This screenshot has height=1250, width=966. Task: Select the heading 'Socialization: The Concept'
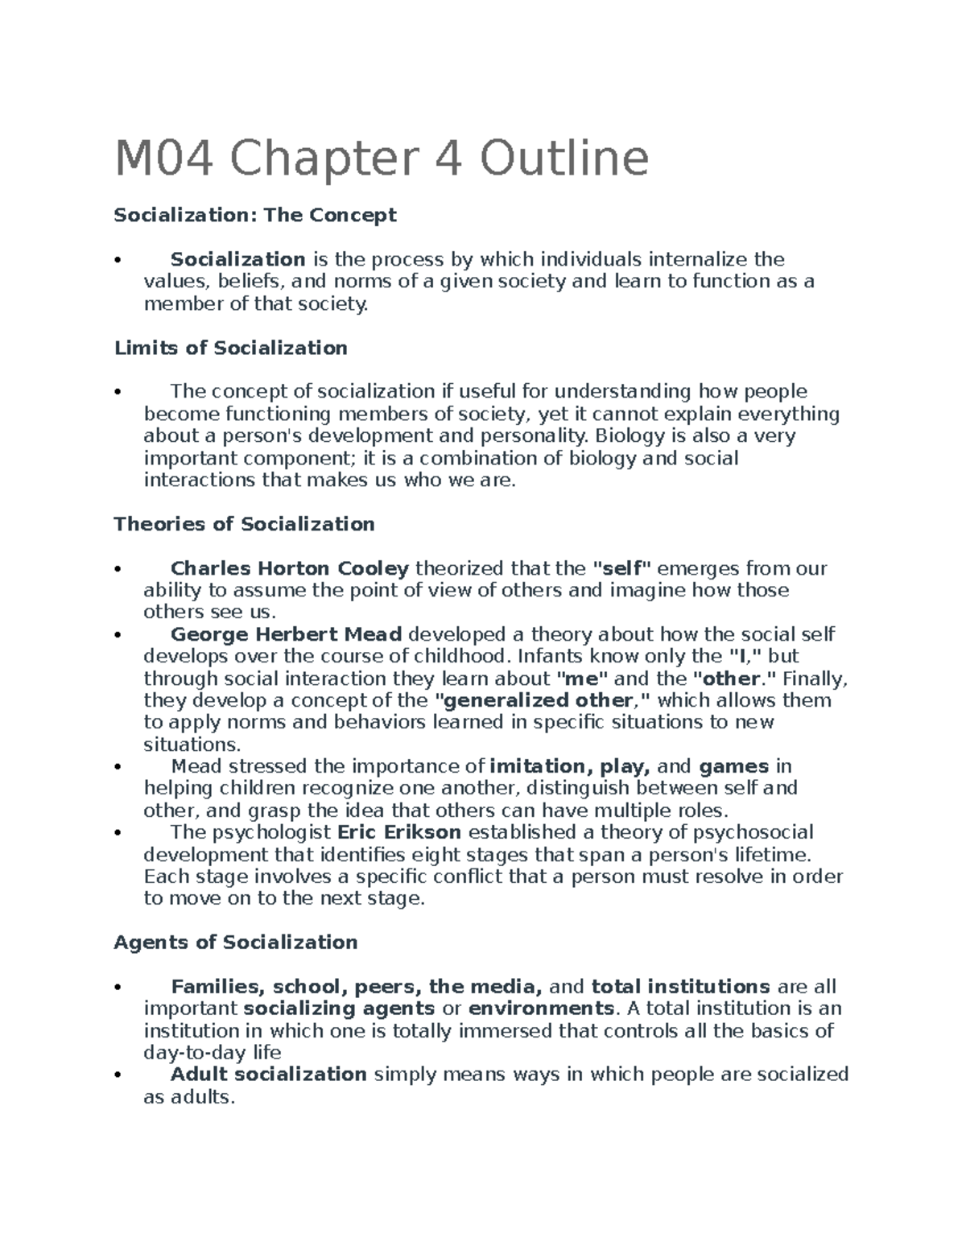click(255, 215)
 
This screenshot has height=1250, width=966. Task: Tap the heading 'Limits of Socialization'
click(230, 348)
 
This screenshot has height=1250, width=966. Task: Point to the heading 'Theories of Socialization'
click(244, 524)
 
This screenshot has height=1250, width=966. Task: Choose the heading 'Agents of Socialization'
click(235, 942)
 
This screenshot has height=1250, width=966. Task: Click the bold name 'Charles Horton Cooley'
click(290, 568)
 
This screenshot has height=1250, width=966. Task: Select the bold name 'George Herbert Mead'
click(286, 634)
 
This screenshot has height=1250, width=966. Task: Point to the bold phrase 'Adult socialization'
click(269, 1075)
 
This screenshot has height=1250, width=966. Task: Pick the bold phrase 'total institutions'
click(680, 987)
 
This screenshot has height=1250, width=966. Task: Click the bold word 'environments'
click(541, 1009)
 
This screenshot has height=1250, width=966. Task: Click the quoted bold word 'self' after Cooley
click(621, 568)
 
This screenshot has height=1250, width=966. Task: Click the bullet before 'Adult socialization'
click(118, 1075)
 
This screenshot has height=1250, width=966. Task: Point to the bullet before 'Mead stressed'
click(118, 767)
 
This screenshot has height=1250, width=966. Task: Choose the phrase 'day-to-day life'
click(212, 1053)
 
